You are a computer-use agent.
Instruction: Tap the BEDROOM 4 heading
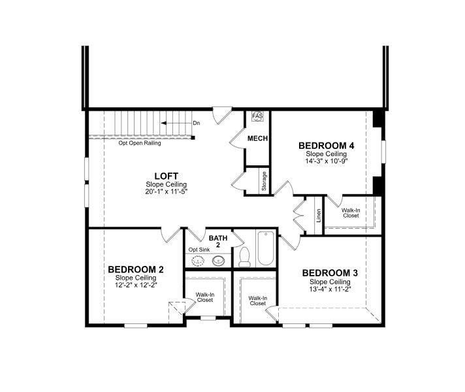[x=327, y=145]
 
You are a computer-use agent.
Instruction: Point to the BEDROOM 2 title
[x=136, y=269]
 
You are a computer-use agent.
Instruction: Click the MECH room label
[x=257, y=139]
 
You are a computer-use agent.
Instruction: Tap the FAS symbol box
[x=257, y=116]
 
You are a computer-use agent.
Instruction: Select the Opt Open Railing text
[x=140, y=143]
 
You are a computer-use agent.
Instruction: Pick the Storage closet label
[x=263, y=180]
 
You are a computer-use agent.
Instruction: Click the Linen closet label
[x=319, y=215]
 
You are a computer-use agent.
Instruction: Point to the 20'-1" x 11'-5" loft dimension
[x=167, y=191]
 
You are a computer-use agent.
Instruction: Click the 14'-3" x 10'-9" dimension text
[x=327, y=161]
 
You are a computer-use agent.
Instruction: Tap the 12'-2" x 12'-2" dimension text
[x=136, y=285]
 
